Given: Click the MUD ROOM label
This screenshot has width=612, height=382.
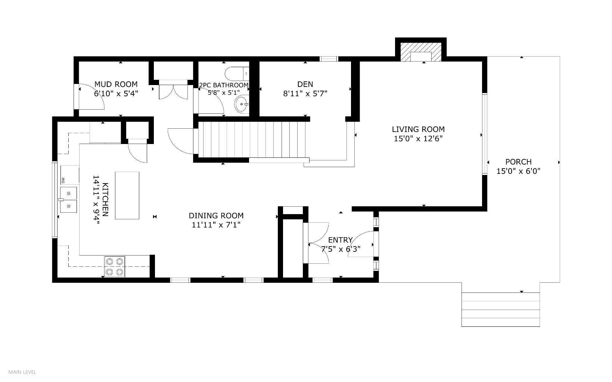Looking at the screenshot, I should pyautogui.click(x=116, y=84).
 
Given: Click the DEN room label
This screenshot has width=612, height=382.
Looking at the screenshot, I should pyautogui.click(x=305, y=84).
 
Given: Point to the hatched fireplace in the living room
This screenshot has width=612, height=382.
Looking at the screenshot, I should pyautogui.click(x=421, y=52).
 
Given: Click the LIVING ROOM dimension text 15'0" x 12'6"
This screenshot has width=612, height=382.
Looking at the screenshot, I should pyautogui.click(x=418, y=139).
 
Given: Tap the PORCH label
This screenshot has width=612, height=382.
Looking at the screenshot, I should pyautogui.click(x=518, y=162).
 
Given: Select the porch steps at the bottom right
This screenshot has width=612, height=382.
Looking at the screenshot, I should pyautogui.click(x=500, y=309).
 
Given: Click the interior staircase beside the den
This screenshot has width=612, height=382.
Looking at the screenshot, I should pyautogui.click(x=252, y=140).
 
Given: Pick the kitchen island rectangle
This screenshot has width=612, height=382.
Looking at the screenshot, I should pyautogui.click(x=127, y=195).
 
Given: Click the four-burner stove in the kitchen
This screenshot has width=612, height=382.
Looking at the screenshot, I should pyautogui.click(x=115, y=267).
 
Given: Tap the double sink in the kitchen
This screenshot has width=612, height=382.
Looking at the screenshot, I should pyautogui.click(x=69, y=200).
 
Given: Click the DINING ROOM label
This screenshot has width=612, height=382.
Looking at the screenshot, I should pyautogui.click(x=216, y=216).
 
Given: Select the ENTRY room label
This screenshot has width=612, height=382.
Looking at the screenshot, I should pyautogui.click(x=340, y=240).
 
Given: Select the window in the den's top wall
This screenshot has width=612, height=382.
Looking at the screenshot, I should pyautogui.click(x=329, y=59).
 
